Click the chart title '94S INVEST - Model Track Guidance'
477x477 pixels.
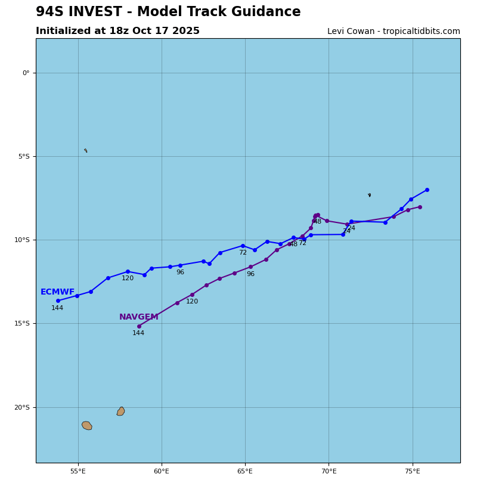168,12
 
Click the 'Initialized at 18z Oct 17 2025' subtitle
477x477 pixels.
117,31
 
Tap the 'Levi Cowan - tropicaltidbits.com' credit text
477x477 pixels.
394,32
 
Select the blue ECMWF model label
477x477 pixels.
57,292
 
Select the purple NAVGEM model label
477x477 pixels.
138,317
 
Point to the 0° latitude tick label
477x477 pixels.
26,73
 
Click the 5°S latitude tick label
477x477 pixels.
23,157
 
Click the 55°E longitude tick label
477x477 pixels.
78,471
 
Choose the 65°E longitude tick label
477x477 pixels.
245,471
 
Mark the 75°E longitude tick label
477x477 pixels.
412,471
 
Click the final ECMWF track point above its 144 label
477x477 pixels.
58,301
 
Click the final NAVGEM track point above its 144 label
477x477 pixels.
139,326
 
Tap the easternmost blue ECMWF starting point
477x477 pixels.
427,190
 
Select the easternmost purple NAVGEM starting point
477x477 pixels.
420,207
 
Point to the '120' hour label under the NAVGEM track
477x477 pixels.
191,302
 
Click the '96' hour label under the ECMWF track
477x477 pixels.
180,272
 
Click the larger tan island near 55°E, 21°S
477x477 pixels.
87,425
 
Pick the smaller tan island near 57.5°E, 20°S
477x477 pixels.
120,411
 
